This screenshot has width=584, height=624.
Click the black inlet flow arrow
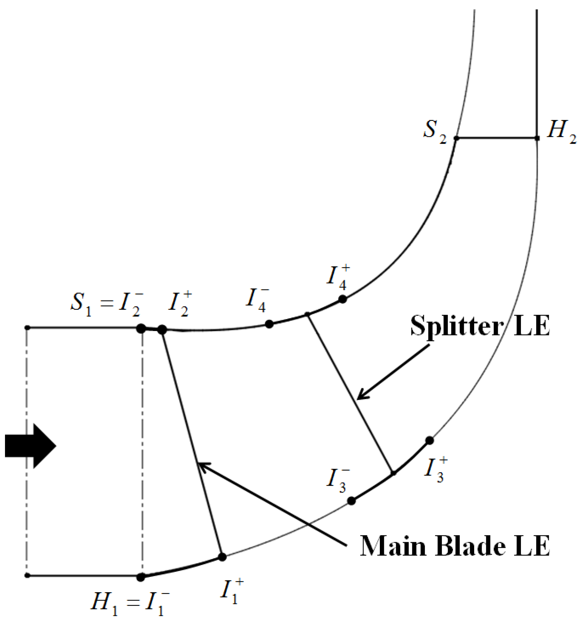pyautogui.click(x=30, y=446)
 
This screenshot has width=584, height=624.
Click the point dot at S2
pyautogui.click(x=457, y=138)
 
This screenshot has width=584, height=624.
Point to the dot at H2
pyautogui.click(x=537, y=138)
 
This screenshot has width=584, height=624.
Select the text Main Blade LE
pyautogui.click(x=455, y=546)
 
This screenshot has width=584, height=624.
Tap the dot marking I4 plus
pyautogui.click(x=342, y=299)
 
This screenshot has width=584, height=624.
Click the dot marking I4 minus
pyautogui.click(x=269, y=324)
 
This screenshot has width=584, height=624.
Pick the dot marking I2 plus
pyautogui.click(x=162, y=329)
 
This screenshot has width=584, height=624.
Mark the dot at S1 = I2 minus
pyautogui.click(x=141, y=329)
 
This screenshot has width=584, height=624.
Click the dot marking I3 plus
pyautogui.click(x=429, y=441)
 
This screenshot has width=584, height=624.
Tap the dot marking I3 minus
pyautogui.click(x=351, y=501)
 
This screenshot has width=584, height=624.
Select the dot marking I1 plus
pyautogui.click(x=222, y=557)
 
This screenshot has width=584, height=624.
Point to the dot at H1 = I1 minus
pyautogui.click(x=141, y=577)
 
